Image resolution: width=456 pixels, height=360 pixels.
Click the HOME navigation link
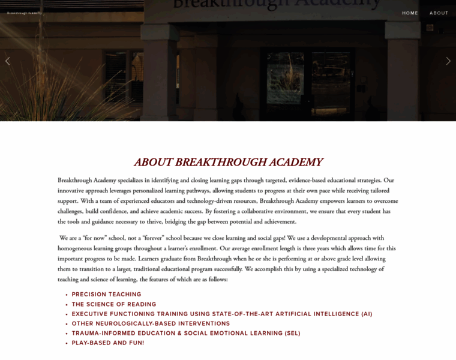point(410,13)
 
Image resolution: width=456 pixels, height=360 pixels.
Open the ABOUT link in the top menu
point(439,13)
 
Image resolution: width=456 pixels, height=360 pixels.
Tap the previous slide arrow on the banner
point(7,61)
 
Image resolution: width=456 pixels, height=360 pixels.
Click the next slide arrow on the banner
point(448,61)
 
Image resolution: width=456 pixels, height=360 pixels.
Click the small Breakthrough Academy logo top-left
point(24,13)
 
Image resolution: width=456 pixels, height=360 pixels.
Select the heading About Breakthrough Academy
point(228,162)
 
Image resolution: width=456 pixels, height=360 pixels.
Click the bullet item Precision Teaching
point(106,295)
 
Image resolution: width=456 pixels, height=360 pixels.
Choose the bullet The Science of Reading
point(114,304)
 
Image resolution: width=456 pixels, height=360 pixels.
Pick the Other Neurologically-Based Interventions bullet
point(151,323)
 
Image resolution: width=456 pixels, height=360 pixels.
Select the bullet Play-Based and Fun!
point(108,343)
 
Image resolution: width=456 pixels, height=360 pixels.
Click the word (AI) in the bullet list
point(367,314)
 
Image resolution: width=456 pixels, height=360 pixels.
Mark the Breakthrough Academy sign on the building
point(276,5)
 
